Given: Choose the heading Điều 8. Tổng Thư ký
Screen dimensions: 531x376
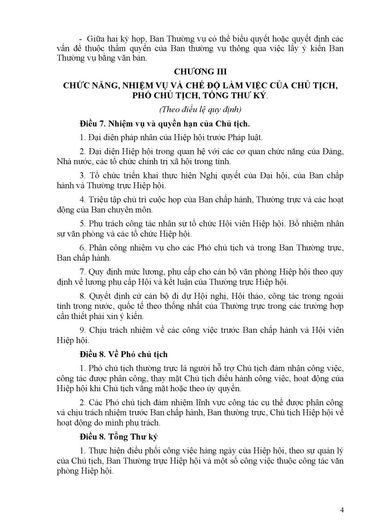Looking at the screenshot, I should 120,437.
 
